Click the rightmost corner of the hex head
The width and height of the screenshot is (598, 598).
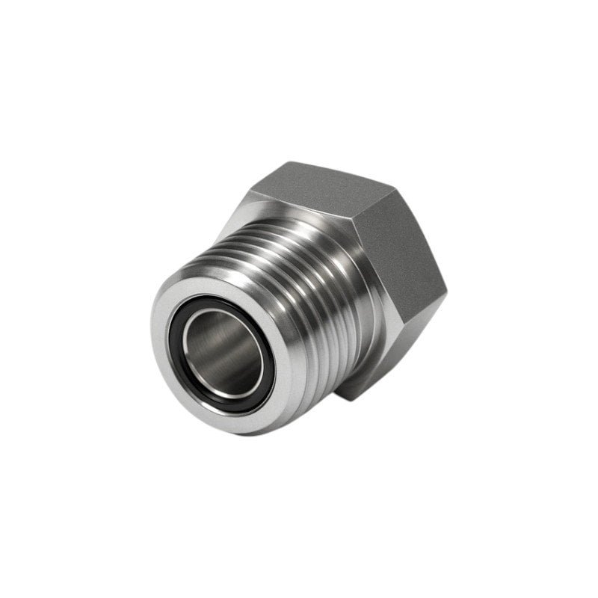[x=446, y=295]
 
